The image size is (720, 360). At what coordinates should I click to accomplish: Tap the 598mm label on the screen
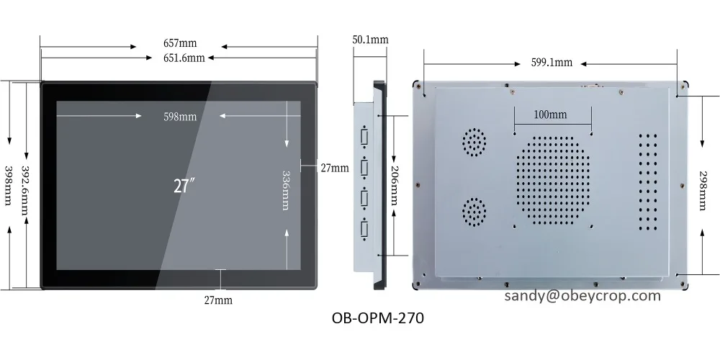179,117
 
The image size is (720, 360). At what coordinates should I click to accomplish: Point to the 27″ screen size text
185,186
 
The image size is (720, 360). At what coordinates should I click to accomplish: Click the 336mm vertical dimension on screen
286,189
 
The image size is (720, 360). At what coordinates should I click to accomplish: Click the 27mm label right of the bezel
334,168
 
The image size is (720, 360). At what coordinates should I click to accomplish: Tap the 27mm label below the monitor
218,299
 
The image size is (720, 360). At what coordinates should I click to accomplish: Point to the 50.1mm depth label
371,39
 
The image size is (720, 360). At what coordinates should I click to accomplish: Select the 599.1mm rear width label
552,62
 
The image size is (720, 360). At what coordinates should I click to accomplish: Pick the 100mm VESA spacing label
550,114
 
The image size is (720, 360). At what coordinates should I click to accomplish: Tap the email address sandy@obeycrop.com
582,296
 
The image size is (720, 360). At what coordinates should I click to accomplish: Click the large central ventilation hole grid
552,181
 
